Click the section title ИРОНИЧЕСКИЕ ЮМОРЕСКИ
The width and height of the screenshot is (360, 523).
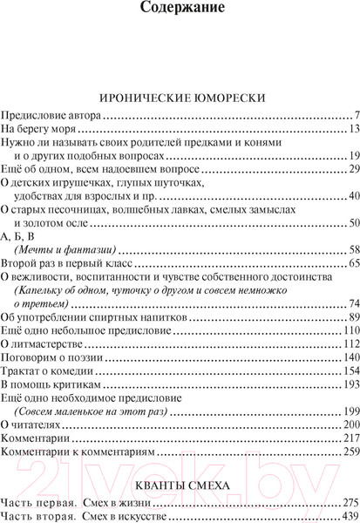(180, 98)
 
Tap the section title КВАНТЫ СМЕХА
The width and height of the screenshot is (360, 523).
(180, 481)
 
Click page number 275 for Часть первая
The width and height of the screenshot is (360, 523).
(340, 502)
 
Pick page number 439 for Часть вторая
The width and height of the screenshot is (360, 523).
(340, 516)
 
